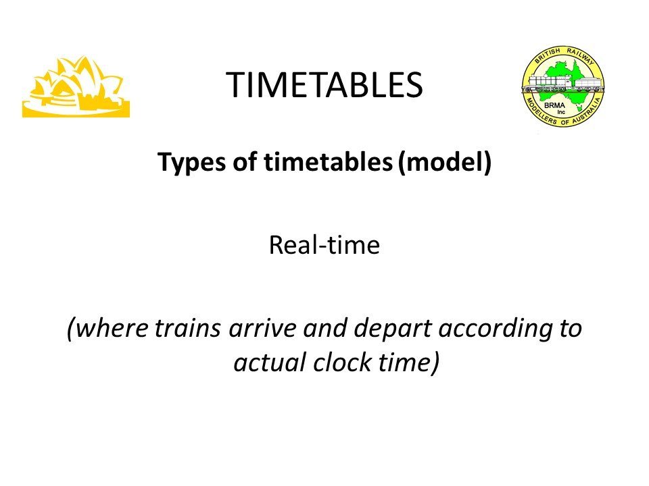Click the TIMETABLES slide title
click(x=324, y=85)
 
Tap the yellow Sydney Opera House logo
click(x=76, y=87)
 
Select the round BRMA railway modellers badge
click(x=562, y=86)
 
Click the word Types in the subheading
click(x=192, y=163)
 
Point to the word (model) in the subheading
click(x=445, y=162)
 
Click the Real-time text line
click(x=324, y=244)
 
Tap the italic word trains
click(x=187, y=329)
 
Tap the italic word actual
click(x=270, y=362)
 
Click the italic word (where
click(x=107, y=329)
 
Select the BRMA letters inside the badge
click(x=554, y=105)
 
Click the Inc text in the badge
click(x=561, y=112)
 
